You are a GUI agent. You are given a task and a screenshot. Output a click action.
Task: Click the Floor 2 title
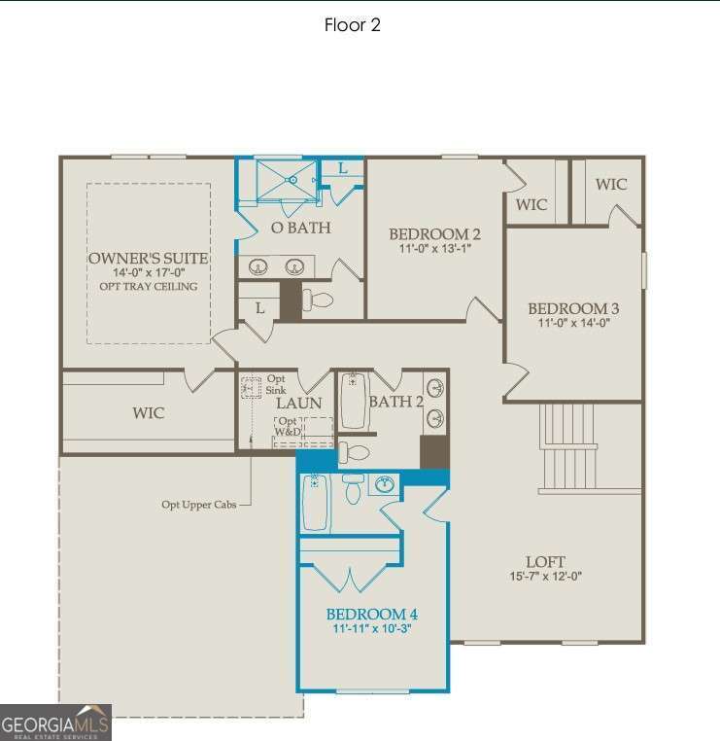pos(352,25)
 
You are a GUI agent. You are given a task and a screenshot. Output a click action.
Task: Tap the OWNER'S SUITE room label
pos(148,258)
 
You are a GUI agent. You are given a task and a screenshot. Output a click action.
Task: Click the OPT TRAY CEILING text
pos(148,286)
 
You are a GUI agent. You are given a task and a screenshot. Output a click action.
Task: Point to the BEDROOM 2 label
pos(434,234)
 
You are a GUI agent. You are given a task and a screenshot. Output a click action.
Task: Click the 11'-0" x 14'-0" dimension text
pos(573,324)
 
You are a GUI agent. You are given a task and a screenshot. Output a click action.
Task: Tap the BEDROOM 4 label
pos(371,615)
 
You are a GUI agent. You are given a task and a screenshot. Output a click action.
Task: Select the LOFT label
pos(544,562)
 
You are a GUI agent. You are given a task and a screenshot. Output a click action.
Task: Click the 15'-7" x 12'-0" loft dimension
pos(544,577)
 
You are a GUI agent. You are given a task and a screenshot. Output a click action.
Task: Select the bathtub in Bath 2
pos(353,401)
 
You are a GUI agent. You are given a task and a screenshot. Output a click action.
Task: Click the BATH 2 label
pos(396,401)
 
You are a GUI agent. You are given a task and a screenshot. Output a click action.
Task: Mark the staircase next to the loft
pos(567,447)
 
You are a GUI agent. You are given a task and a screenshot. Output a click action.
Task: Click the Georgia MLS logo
pos(55,723)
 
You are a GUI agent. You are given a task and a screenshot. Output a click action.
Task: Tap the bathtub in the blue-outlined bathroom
pos(316,502)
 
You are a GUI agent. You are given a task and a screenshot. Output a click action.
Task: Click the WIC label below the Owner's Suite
pos(148,413)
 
